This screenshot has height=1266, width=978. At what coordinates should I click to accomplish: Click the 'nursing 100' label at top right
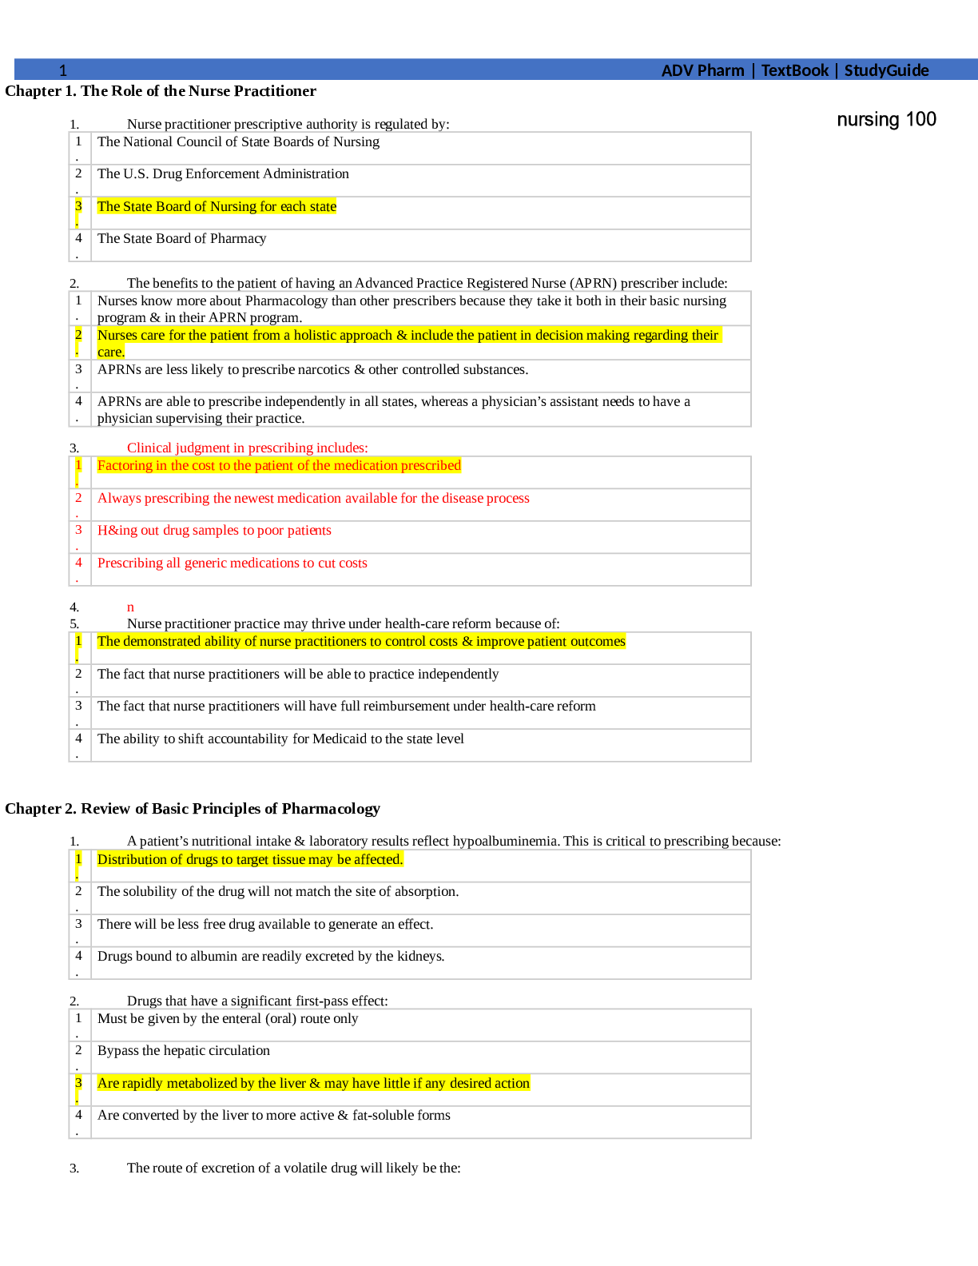[x=886, y=119]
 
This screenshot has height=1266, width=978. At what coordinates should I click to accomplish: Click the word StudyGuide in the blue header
[x=887, y=70]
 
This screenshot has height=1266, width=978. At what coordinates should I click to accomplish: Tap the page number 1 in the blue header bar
[x=63, y=70]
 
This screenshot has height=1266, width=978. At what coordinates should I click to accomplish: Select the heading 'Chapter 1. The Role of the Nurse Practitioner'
[x=160, y=91]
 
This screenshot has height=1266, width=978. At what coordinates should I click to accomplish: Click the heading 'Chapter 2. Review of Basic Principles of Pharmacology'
[x=193, y=809]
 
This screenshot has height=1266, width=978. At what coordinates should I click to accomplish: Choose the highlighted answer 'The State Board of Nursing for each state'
[x=217, y=206]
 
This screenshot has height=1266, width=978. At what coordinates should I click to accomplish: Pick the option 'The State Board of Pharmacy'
[x=181, y=238]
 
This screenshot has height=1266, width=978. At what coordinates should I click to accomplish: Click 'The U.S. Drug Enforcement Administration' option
[x=223, y=173]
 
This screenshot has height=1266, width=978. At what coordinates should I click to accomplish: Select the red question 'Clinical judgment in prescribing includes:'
[x=248, y=448]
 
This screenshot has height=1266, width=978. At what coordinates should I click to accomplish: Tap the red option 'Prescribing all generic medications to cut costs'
[x=233, y=563]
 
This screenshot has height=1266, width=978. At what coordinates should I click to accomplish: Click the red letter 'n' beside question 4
[x=130, y=607]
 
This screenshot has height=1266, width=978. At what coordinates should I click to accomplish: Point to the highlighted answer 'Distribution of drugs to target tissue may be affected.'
[x=250, y=859]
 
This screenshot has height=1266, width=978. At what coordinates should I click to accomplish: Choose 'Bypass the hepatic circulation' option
[x=184, y=1050]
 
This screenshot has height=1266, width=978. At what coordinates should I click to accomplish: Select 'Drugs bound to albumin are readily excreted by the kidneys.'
[x=271, y=956]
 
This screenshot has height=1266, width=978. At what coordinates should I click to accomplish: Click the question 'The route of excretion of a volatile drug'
[x=293, y=1168]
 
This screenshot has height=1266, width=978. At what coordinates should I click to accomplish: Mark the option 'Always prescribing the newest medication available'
[x=313, y=498]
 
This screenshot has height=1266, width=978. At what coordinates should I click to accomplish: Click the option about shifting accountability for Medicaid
[x=280, y=738]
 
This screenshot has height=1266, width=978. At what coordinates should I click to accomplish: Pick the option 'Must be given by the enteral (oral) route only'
[x=228, y=1018]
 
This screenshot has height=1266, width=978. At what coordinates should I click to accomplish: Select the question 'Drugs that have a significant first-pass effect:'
[x=257, y=1001]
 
